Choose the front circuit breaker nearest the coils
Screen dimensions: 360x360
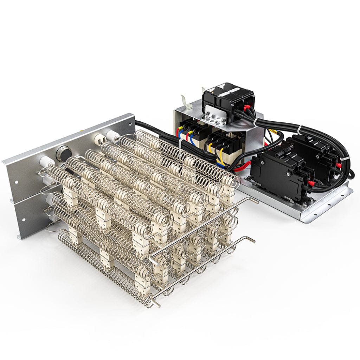[278, 172]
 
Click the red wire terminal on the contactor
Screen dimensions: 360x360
[247, 108]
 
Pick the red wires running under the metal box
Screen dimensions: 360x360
[243, 164]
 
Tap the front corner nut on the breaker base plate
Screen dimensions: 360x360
[304, 202]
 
